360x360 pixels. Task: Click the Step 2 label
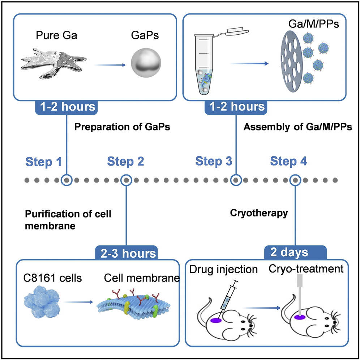(125, 161)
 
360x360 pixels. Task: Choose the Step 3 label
(214, 161)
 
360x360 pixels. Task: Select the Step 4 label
(289, 161)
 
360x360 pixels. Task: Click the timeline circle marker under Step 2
(125, 180)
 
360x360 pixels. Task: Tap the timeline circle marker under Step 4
(295, 180)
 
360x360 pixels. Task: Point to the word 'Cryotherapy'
(259, 213)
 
